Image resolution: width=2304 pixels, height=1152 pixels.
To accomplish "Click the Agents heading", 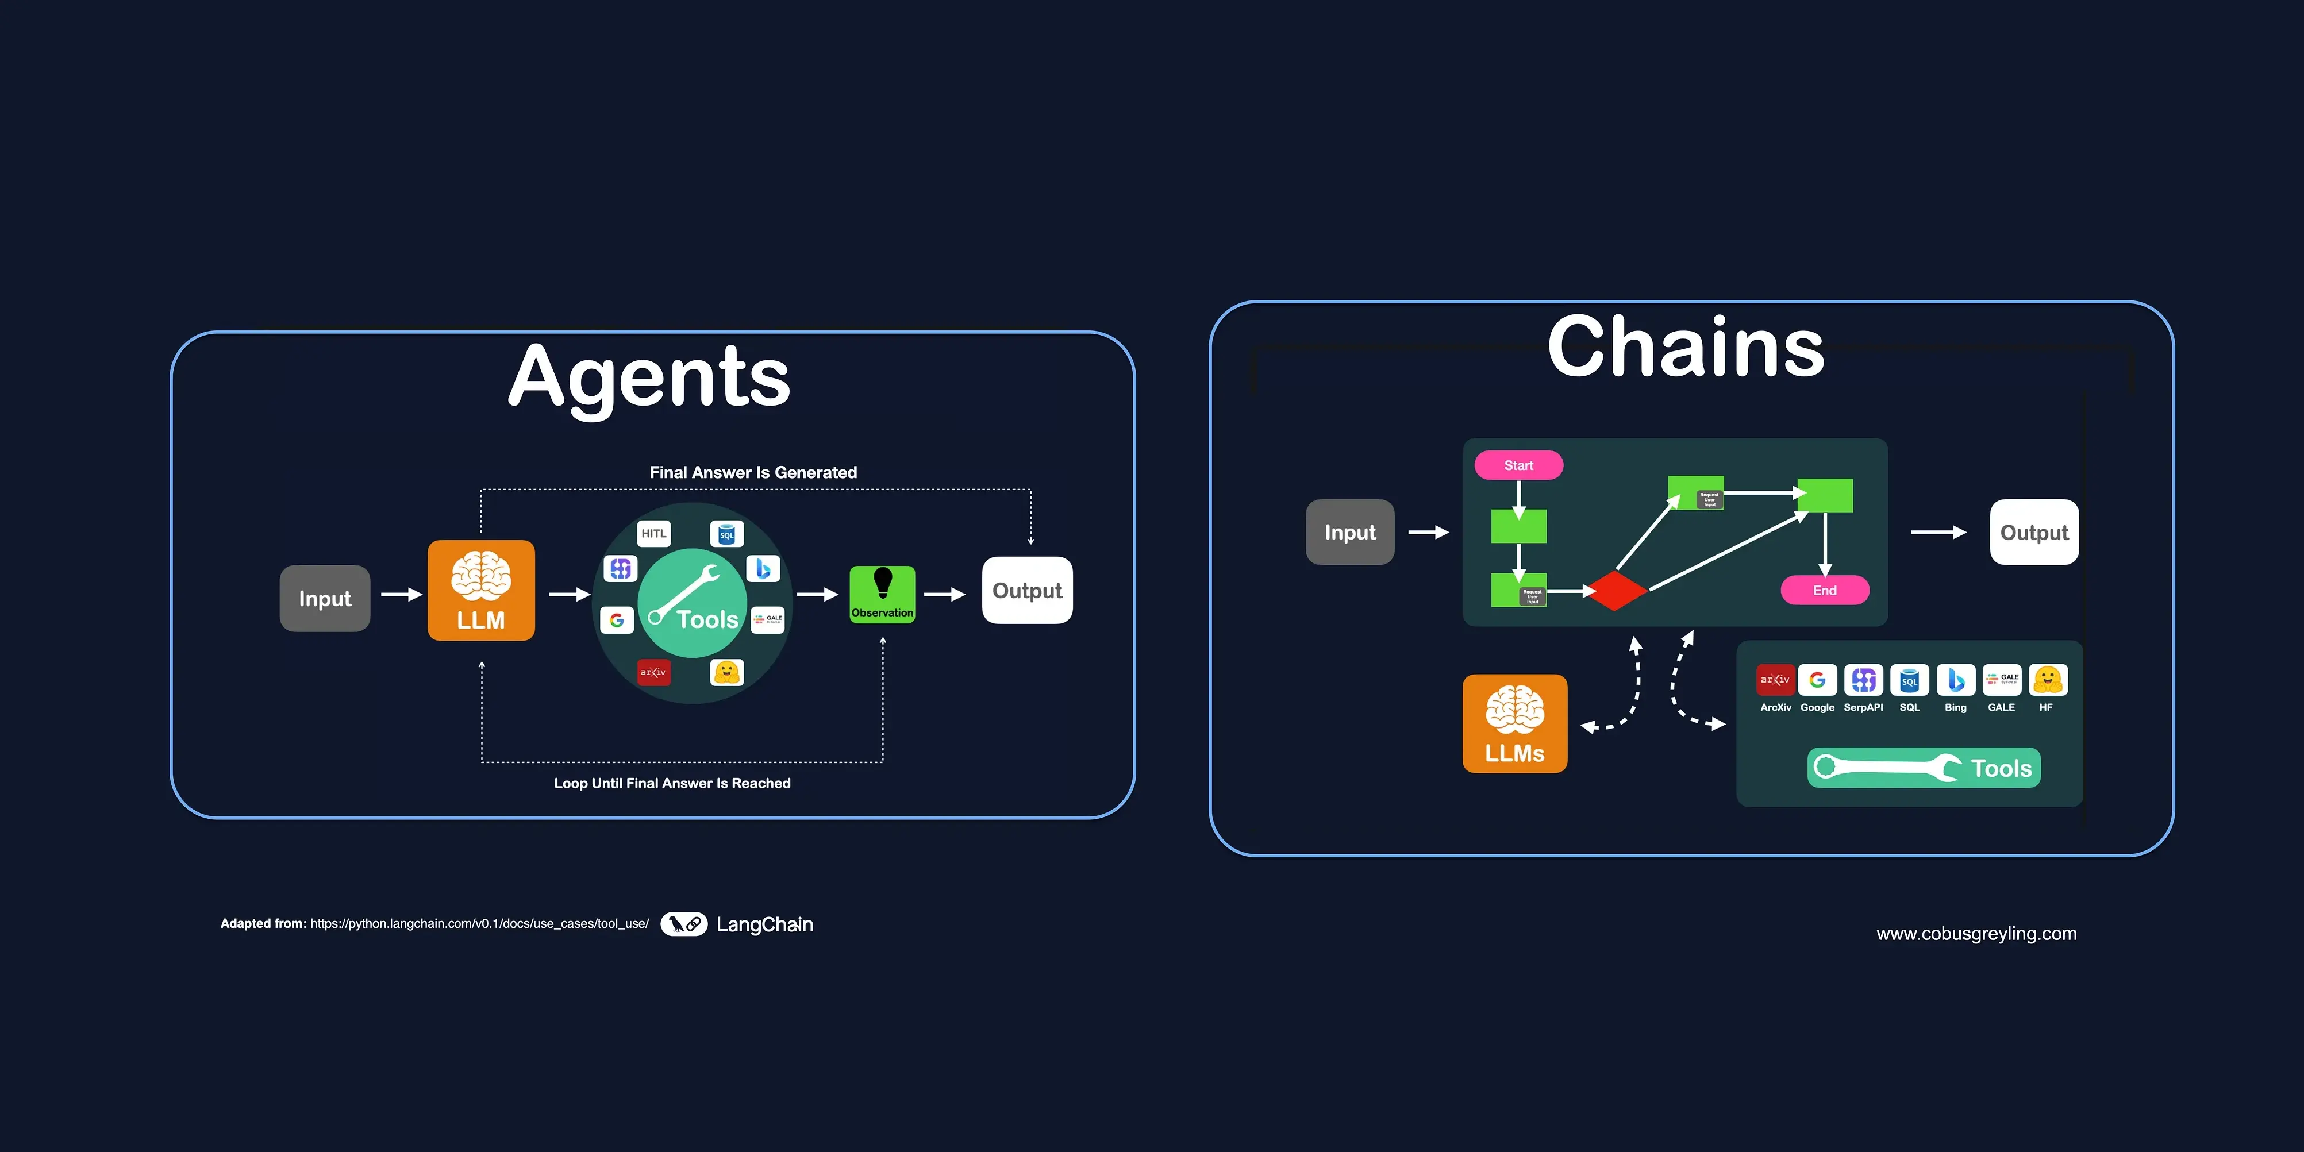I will (x=649, y=377).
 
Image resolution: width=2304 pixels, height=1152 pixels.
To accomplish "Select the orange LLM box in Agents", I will (x=481, y=590).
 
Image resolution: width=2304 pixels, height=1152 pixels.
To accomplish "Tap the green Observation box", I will (x=882, y=594).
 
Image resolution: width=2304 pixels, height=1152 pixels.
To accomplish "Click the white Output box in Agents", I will (x=1027, y=590).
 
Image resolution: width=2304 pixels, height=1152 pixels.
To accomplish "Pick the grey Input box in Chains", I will (x=1349, y=532).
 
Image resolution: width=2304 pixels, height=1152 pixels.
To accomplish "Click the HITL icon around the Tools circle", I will (x=654, y=534).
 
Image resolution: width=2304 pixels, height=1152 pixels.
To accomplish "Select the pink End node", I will (x=1825, y=590).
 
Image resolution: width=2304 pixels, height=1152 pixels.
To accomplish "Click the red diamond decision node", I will (x=1614, y=590).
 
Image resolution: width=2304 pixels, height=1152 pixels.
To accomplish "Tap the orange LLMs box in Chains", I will (x=1515, y=723).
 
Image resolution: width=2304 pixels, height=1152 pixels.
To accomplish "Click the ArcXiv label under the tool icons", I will (x=1775, y=707).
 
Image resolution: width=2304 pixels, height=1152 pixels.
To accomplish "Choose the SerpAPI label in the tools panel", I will (x=1863, y=707).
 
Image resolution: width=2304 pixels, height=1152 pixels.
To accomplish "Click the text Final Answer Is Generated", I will (x=753, y=472).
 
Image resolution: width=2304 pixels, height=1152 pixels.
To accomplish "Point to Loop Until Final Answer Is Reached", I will (x=672, y=784).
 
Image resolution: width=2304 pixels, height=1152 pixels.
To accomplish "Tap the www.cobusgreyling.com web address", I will (x=1976, y=934).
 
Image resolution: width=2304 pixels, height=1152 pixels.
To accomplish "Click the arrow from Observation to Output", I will (x=944, y=594).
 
